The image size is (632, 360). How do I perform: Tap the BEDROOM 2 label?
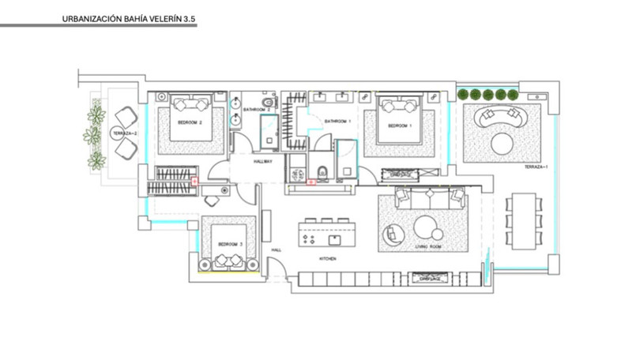tap(190, 123)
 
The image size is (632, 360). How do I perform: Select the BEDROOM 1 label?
tap(398, 126)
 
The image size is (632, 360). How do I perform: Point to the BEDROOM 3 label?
tap(231, 244)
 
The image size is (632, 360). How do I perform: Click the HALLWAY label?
tap(263, 161)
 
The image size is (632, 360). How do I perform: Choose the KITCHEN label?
tap(328, 259)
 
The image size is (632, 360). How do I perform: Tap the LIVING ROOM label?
tap(427, 247)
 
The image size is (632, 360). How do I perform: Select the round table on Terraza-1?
tap(503, 144)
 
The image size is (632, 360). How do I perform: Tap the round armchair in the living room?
tap(394, 234)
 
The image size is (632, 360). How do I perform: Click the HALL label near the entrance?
tap(276, 249)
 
